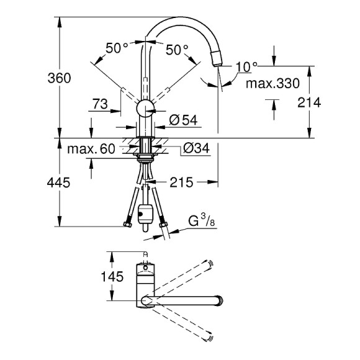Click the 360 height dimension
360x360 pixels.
(59, 78)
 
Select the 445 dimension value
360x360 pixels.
(58, 182)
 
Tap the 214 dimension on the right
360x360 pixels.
(309, 102)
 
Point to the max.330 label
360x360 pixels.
(272, 83)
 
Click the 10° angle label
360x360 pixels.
(246, 67)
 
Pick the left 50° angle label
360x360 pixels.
(117, 48)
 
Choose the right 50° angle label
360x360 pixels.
(177, 50)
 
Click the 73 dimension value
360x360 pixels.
(100, 104)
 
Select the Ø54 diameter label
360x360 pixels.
(183, 120)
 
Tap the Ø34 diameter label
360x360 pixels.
(196, 148)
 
